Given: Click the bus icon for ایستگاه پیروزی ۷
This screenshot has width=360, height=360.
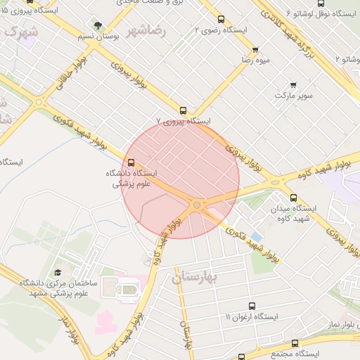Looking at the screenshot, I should pyautogui.click(x=184, y=110).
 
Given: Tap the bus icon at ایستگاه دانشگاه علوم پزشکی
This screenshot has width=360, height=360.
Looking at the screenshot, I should pyautogui.click(x=131, y=163).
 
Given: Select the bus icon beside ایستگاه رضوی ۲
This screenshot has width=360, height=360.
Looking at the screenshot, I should pyautogui.click(x=221, y=20).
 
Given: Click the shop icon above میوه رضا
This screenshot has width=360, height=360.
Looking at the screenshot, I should pyautogui.click(x=255, y=50).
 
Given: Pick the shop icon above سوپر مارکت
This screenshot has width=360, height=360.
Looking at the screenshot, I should pyautogui.click(x=293, y=84).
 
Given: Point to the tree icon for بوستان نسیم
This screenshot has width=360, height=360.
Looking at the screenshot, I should pyautogui.click(x=98, y=25).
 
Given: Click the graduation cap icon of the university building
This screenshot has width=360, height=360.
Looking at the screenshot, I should pyautogui.click(x=57, y=272).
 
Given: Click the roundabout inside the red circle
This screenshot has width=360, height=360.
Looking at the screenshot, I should pyautogui.click(x=197, y=205).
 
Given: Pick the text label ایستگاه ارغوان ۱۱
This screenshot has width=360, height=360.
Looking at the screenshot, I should pyautogui.click(x=252, y=317).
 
